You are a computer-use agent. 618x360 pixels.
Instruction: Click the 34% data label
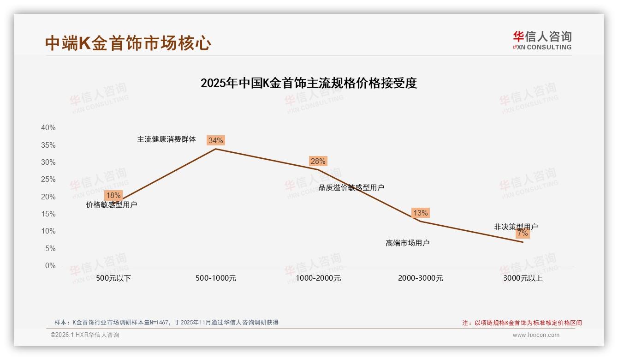pyautogui.click(x=215, y=140)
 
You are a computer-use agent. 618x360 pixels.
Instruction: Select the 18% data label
pyautogui.click(x=113, y=195)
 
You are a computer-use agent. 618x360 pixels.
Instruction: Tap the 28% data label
pyautogui.click(x=318, y=161)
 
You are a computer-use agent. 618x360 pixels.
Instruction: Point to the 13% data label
pyautogui.click(x=420, y=213)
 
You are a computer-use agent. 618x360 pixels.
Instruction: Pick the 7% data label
pyautogui.click(x=523, y=234)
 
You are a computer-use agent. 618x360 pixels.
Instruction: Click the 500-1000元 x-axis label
pyautogui.click(x=216, y=278)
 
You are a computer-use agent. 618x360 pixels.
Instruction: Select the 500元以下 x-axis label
pyautogui.click(x=113, y=278)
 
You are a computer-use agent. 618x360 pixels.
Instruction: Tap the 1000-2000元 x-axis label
pyautogui.click(x=318, y=278)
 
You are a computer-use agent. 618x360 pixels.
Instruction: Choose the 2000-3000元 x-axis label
pyautogui.click(x=421, y=278)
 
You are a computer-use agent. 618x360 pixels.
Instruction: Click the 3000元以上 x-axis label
pyautogui.click(x=523, y=278)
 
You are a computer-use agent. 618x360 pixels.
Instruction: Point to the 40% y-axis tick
pyautogui.click(x=48, y=128)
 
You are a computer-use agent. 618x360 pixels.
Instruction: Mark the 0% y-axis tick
pyautogui.click(x=50, y=266)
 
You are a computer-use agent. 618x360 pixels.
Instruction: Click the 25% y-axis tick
pyautogui.click(x=48, y=180)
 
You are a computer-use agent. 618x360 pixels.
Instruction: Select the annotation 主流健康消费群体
pyautogui.click(x=166, y=139)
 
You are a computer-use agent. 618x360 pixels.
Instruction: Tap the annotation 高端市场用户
pyautogui.click(x=407, y=243)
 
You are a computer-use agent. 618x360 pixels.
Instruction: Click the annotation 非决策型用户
pyautogui.click(x=516, y=227)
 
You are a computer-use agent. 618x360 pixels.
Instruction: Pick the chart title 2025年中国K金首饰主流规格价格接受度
pyautogui.click(x=309, y=83)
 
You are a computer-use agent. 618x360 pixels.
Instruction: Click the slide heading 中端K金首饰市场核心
pyautogui.click(x=128, y=43)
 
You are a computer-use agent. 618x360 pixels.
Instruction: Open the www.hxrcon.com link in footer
pyautogui.click(x=536, y=335)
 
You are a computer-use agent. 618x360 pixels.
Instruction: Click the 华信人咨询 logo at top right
pyautogui.click(x=542, y=40)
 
